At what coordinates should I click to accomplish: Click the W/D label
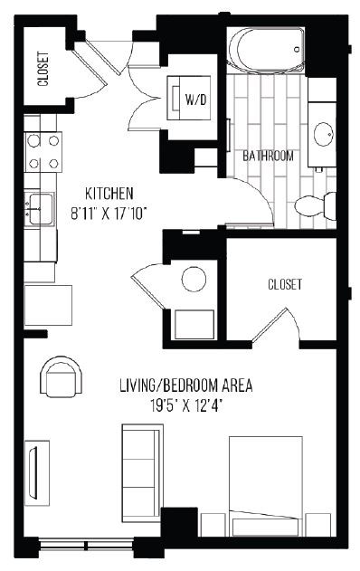pos(194,99)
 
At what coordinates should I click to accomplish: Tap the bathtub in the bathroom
pos(265,52)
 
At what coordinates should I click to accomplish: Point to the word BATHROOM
pos(268,156)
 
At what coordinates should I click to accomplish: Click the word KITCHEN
pos(109,193)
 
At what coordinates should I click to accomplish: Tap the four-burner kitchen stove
pos(43,151)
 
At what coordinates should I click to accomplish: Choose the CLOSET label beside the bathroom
pos(284,284)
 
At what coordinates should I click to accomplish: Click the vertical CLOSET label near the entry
pos(43,68)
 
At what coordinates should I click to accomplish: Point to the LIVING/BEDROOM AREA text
pos(185,386)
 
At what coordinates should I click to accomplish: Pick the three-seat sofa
pos(142,472)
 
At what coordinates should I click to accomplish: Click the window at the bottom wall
pos(89,546)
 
